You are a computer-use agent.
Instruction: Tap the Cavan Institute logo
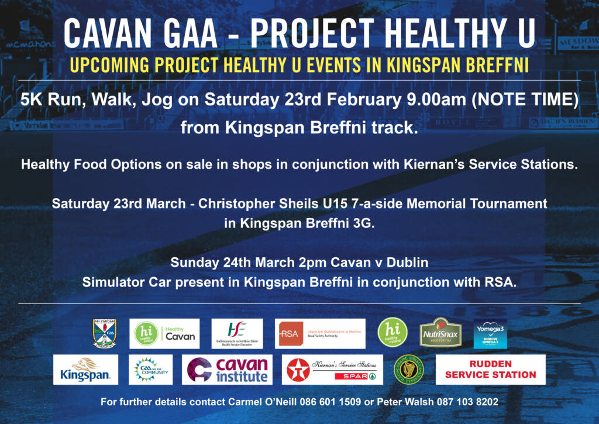pyautogui.click(x=227, y=370)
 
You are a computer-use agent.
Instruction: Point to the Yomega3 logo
pyautogui.click(x=490, y=333)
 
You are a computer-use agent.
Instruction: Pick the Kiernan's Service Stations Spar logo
pyautogui.click(x=332, y=370)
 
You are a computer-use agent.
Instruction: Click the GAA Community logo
pyautogui.click(x=151, y=370)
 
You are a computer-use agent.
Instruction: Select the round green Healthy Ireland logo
pyautogui.click(x=393, y=333)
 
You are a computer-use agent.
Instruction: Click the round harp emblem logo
pyautogui.click(x=408, y=370)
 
